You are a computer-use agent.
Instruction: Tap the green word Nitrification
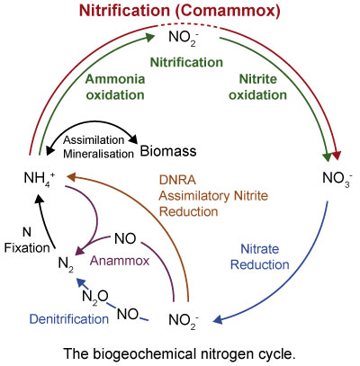(186, 62)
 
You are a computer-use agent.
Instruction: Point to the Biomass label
(168, 151)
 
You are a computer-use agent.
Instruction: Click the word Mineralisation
(98, 154)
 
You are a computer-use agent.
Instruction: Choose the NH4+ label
(40, 179)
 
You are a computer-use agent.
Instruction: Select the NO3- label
(337, 179)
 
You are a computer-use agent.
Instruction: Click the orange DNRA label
(177, 180)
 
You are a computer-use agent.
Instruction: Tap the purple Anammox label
(120, 261)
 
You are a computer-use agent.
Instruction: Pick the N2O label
(95, 298)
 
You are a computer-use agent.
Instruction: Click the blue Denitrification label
(69, 319)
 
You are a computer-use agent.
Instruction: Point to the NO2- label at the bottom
(184, 321)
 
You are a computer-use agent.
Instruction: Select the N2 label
(66, 264)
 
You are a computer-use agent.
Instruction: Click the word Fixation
(27, 248)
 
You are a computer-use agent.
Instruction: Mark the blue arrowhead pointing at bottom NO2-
(218, 320)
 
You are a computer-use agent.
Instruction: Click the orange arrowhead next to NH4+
(72, 177)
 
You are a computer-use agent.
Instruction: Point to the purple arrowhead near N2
(80, 251)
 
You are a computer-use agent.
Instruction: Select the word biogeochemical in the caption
(143, 354)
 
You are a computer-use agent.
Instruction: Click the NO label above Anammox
(125, 239)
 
